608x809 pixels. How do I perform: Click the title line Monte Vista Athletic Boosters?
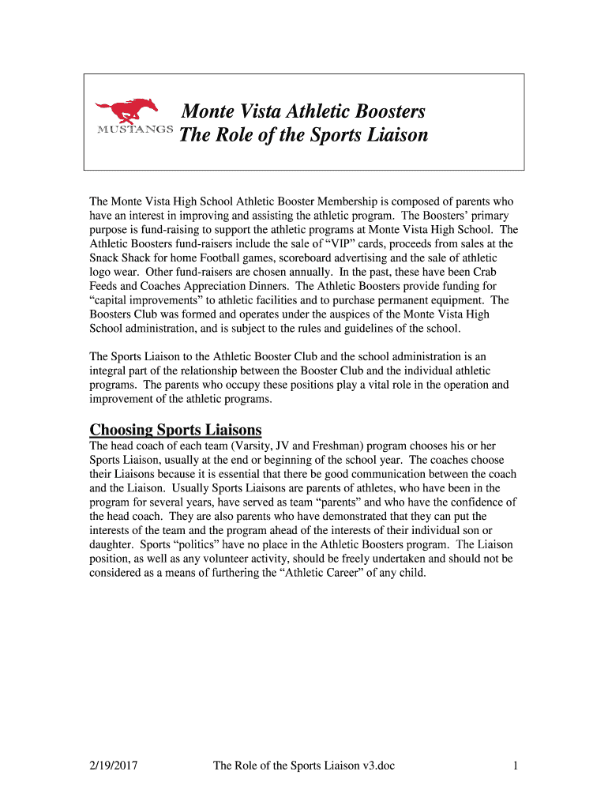pos(303,111)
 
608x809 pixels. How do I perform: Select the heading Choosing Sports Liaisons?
pos(175,430)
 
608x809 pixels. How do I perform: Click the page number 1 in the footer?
pos(515,765)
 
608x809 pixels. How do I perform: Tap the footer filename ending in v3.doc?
pos(304,765)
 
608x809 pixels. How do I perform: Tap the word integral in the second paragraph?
pos(107,371)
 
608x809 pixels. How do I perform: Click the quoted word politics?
pos(178,545)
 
